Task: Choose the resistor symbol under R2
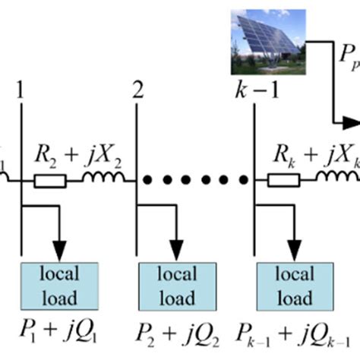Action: click(50, 181)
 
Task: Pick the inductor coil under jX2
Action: click(99, 179)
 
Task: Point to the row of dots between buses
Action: click(194, 181)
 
